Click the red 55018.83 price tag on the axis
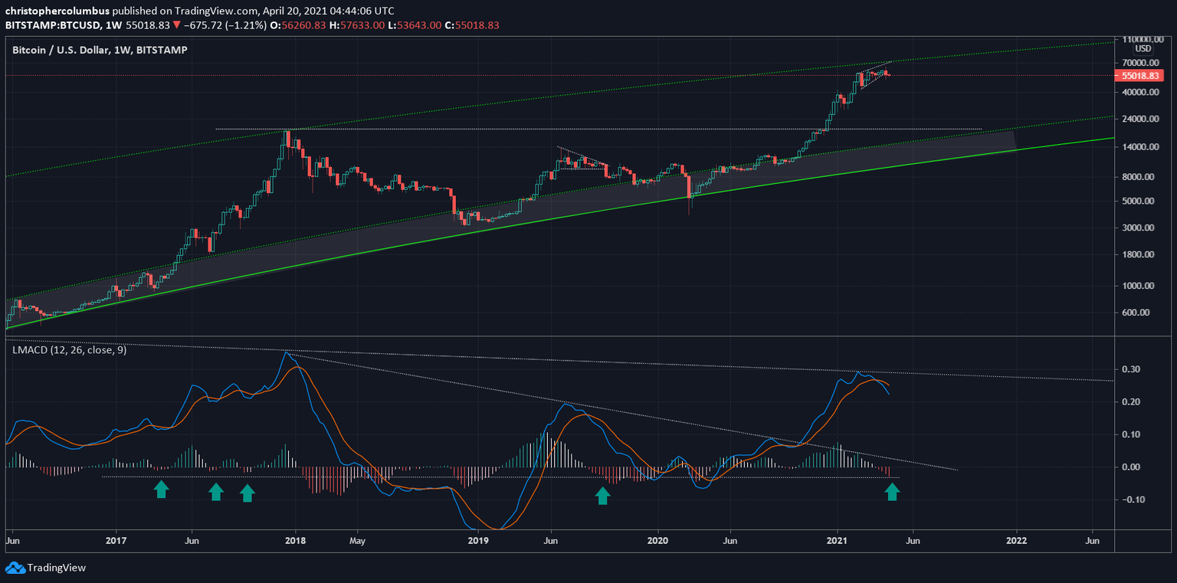(x=1139, y=76)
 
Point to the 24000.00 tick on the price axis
(x=1138, y=120)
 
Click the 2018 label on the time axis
(x=295, y=540)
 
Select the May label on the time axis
(x=357, y=540)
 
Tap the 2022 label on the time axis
(x=1017, y=540)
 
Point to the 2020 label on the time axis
(x=657, y=540)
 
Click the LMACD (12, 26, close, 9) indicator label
(x=70, y=350)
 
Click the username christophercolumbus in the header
(x=57, y=11)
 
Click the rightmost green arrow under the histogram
(x=892, y=491)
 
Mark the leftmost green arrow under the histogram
(x=161, y=490)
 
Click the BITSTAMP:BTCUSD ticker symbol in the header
(x=52, y=25)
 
